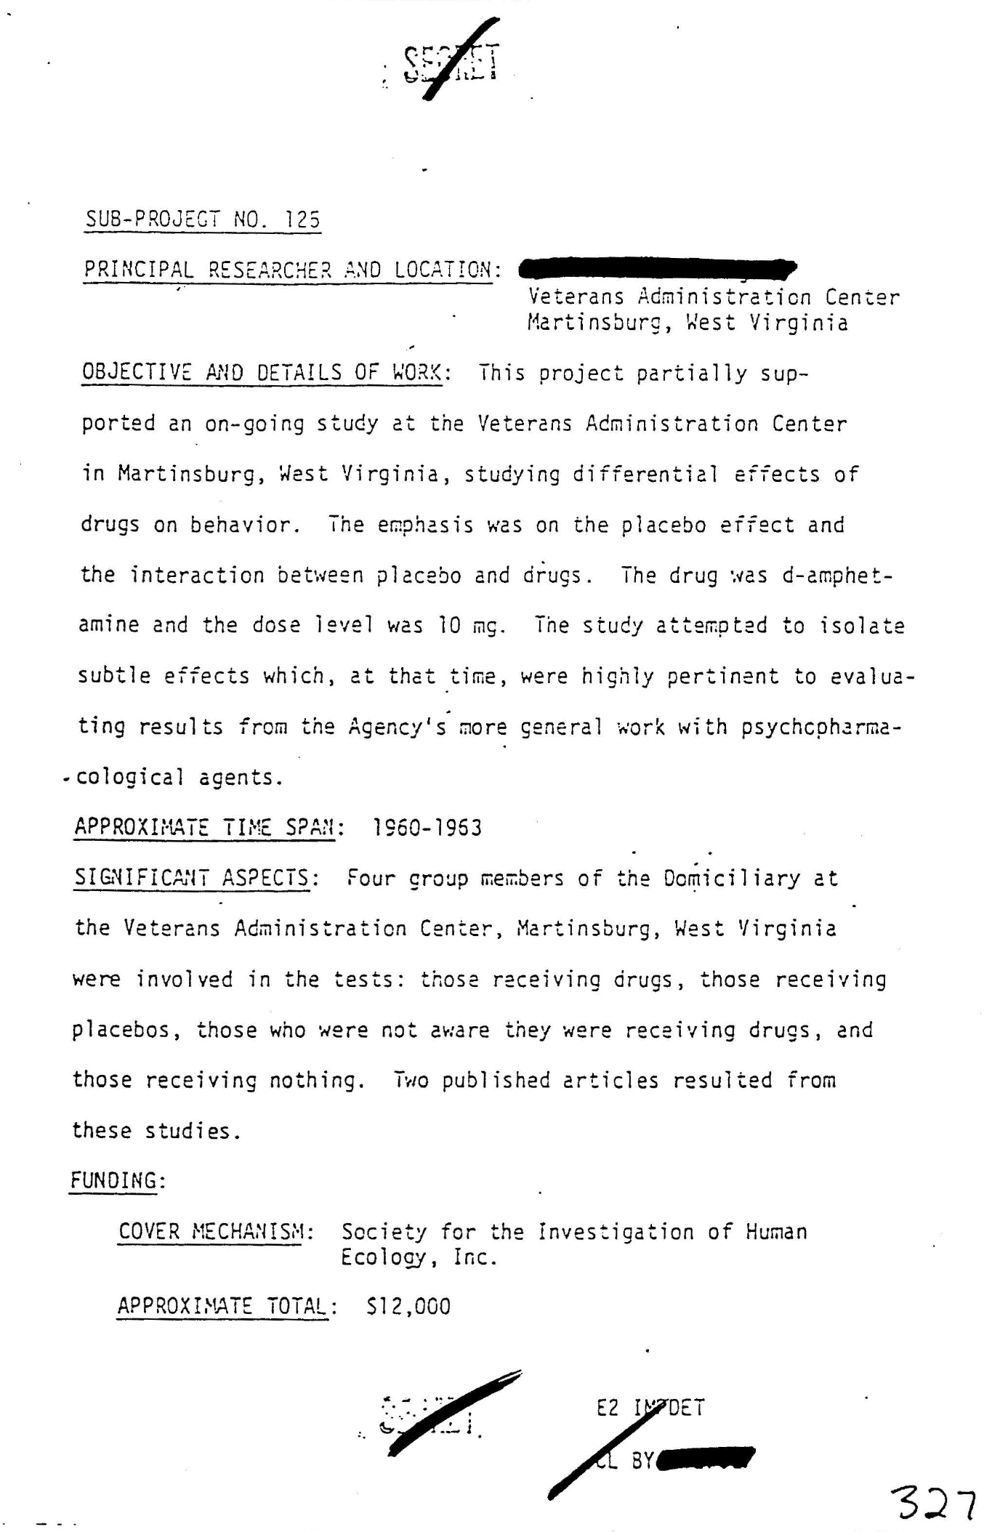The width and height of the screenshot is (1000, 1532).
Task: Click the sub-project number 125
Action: click(303, 219)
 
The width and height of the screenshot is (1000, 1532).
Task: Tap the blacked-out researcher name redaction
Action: click(658, 269)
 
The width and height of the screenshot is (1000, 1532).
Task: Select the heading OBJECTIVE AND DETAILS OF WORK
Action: click(266, 373)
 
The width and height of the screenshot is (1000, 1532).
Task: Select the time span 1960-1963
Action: click(427, 828)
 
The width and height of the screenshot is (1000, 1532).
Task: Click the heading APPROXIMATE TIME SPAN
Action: click(209, 828)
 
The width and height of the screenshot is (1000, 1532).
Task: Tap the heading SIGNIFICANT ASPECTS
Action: click(196, 878)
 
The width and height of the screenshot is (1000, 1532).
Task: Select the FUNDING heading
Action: click(117, 1181)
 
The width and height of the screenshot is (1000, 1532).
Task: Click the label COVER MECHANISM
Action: click(216, 1232)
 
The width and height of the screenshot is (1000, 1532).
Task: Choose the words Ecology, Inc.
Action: click(419, 1257)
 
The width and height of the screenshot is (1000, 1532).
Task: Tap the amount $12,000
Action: click(408, 1307)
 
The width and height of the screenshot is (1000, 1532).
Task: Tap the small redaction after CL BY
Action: click(705, 1459)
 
